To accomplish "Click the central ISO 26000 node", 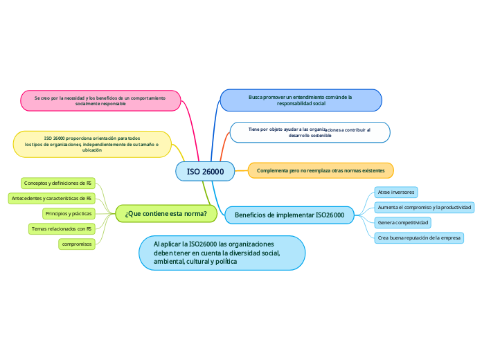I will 206,171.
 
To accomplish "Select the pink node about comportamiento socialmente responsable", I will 100,100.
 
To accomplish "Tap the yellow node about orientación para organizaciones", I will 92,144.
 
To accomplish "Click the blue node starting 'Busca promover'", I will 301,100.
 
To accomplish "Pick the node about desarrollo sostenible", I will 310,132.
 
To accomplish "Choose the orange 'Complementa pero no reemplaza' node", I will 321,170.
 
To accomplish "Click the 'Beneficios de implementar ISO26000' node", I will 289,215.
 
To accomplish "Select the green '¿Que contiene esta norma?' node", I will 166,214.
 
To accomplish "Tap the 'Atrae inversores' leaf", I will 396,192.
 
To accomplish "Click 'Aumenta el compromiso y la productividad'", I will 425,207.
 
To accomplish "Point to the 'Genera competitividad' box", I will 403,222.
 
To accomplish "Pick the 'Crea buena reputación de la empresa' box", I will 419,237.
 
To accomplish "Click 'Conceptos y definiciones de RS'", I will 57,183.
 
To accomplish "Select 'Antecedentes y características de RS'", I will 51,199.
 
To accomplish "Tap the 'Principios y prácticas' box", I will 68,213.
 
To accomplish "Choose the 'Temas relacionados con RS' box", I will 62,228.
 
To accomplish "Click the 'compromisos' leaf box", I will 77,244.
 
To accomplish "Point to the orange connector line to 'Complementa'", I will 242,170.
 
